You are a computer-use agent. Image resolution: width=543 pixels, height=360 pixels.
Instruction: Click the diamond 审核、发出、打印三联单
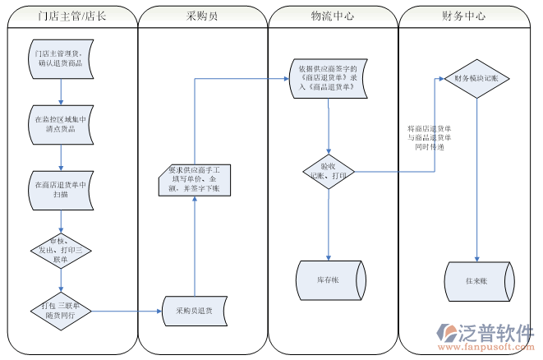(x=59, y=249)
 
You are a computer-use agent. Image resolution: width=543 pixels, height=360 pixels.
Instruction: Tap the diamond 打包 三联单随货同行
(x=59, y=311)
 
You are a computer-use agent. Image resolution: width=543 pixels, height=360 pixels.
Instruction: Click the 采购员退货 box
(x=194, y=311)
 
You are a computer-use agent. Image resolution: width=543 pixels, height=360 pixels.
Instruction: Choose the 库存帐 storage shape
(x=328, y=280)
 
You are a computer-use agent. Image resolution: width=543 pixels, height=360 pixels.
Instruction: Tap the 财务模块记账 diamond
(x=476, y=79)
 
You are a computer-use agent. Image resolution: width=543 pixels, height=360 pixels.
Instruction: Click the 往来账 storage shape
(x=477, y=280)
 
